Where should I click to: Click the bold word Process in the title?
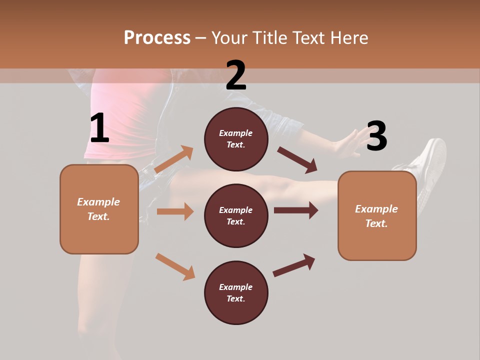[x=157, y=38]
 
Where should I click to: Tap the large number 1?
[x=99, y=128]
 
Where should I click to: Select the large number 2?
[x=236, y=75]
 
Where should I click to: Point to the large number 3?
[x=376, y=136]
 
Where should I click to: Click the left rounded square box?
[x=99, y=209]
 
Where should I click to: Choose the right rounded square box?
[x=377, y=216]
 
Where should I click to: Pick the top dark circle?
[x=236, y=139]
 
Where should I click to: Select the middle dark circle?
[x=236, y=216]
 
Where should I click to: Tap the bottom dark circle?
[x=236, y=293]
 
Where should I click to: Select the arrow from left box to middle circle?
[x=175, y=211]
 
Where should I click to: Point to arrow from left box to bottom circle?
[x=175, y=266]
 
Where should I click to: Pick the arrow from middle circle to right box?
[x=295, y=210]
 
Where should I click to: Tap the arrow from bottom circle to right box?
[x=294, y=265]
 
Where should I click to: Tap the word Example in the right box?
[x=376, y=209]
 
